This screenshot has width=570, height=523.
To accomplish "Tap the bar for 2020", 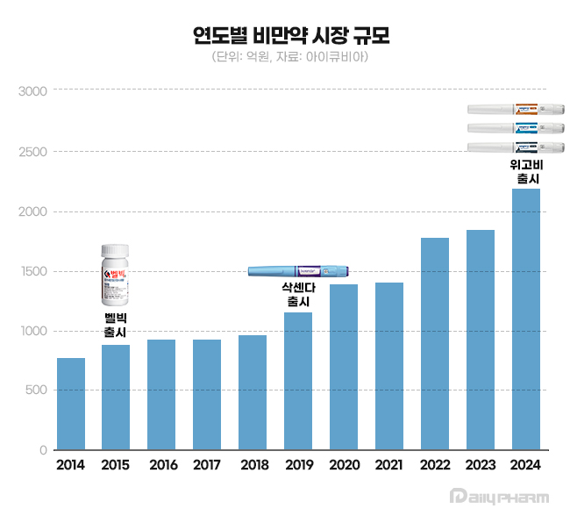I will point(344,367).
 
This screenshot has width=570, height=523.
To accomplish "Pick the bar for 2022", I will point(435,343).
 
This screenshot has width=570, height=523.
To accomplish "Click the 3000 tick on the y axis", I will point(33,91).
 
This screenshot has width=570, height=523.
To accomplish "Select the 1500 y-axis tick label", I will point(33,271).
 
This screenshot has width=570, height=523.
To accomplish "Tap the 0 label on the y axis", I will point(41,451).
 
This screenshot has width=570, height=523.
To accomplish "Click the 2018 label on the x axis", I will point(253,465).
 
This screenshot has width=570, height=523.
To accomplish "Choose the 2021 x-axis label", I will point(389,465).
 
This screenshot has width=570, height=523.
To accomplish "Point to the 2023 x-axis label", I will point(481,465).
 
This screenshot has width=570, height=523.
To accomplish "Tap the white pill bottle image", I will point(116,275).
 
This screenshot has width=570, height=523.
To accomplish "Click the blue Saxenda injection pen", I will point(300,272).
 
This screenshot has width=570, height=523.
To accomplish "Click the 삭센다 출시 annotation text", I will point(299,295).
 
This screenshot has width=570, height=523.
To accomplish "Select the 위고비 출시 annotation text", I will point(526,171).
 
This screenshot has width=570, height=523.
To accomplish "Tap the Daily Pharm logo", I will point(499,497).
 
